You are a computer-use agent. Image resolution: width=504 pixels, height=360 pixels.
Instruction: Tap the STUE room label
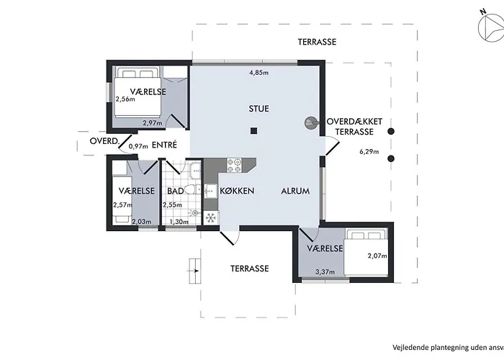pyautogui.click(x=258, y=109)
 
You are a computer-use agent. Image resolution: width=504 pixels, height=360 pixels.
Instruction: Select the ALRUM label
pyautogui.click(x=295, y=192)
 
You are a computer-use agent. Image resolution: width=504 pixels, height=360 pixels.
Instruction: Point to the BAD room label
pyautogui.click(x=175, y=192)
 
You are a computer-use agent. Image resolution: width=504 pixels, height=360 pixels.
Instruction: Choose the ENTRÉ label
pyautogui.click(x=164, y=145)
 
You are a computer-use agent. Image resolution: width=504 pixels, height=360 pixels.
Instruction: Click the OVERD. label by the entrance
pyautogui.click(x=104, y=141)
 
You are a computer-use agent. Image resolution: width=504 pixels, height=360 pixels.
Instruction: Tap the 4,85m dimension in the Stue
pyautogui.click(x=258, y=73)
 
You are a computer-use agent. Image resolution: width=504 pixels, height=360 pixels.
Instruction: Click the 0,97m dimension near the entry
pyautogui.click(x=138, y=147)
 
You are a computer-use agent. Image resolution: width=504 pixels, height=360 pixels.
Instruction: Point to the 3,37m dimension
pyautogui.click(x=326, y=272)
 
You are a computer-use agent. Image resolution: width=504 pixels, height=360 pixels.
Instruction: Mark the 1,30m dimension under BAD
pyautogui.click(x=179, y=222)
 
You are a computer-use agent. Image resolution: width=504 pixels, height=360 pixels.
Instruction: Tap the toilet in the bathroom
pyautogui.click(x=191, y=190)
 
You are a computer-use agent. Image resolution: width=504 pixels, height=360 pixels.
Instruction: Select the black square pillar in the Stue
pyautogui.click(x=254, y=130)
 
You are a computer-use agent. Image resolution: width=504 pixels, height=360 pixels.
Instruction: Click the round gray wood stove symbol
pyautogui.click(x=310, y=122)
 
